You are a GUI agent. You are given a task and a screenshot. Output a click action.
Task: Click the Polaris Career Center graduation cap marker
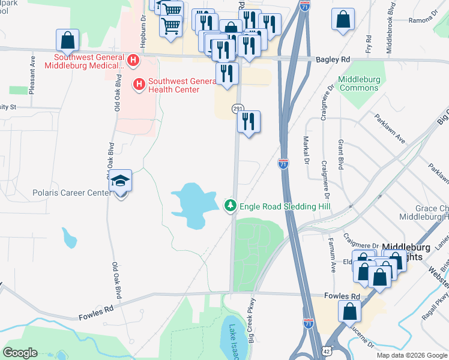(x=120, y=182)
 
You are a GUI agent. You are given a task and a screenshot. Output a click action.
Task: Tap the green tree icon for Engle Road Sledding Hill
(x=230, y=206)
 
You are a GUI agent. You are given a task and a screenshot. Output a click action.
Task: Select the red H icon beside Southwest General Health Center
(x=139, y=85)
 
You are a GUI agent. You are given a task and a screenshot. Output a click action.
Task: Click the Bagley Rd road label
(x=333, y=60)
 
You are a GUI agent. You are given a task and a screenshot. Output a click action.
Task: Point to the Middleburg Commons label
(x=359, y=83)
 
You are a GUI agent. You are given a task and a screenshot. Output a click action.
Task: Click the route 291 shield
(x=238, y=107)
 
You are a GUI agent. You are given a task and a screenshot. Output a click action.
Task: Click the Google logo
(x=20, y=352)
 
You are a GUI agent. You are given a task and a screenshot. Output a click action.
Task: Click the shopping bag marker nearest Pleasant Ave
(x=68, y=41)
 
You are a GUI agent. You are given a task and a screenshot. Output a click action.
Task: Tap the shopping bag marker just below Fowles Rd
(x=349, y=312)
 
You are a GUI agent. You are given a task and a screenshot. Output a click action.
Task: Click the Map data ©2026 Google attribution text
(x=411, y=355)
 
